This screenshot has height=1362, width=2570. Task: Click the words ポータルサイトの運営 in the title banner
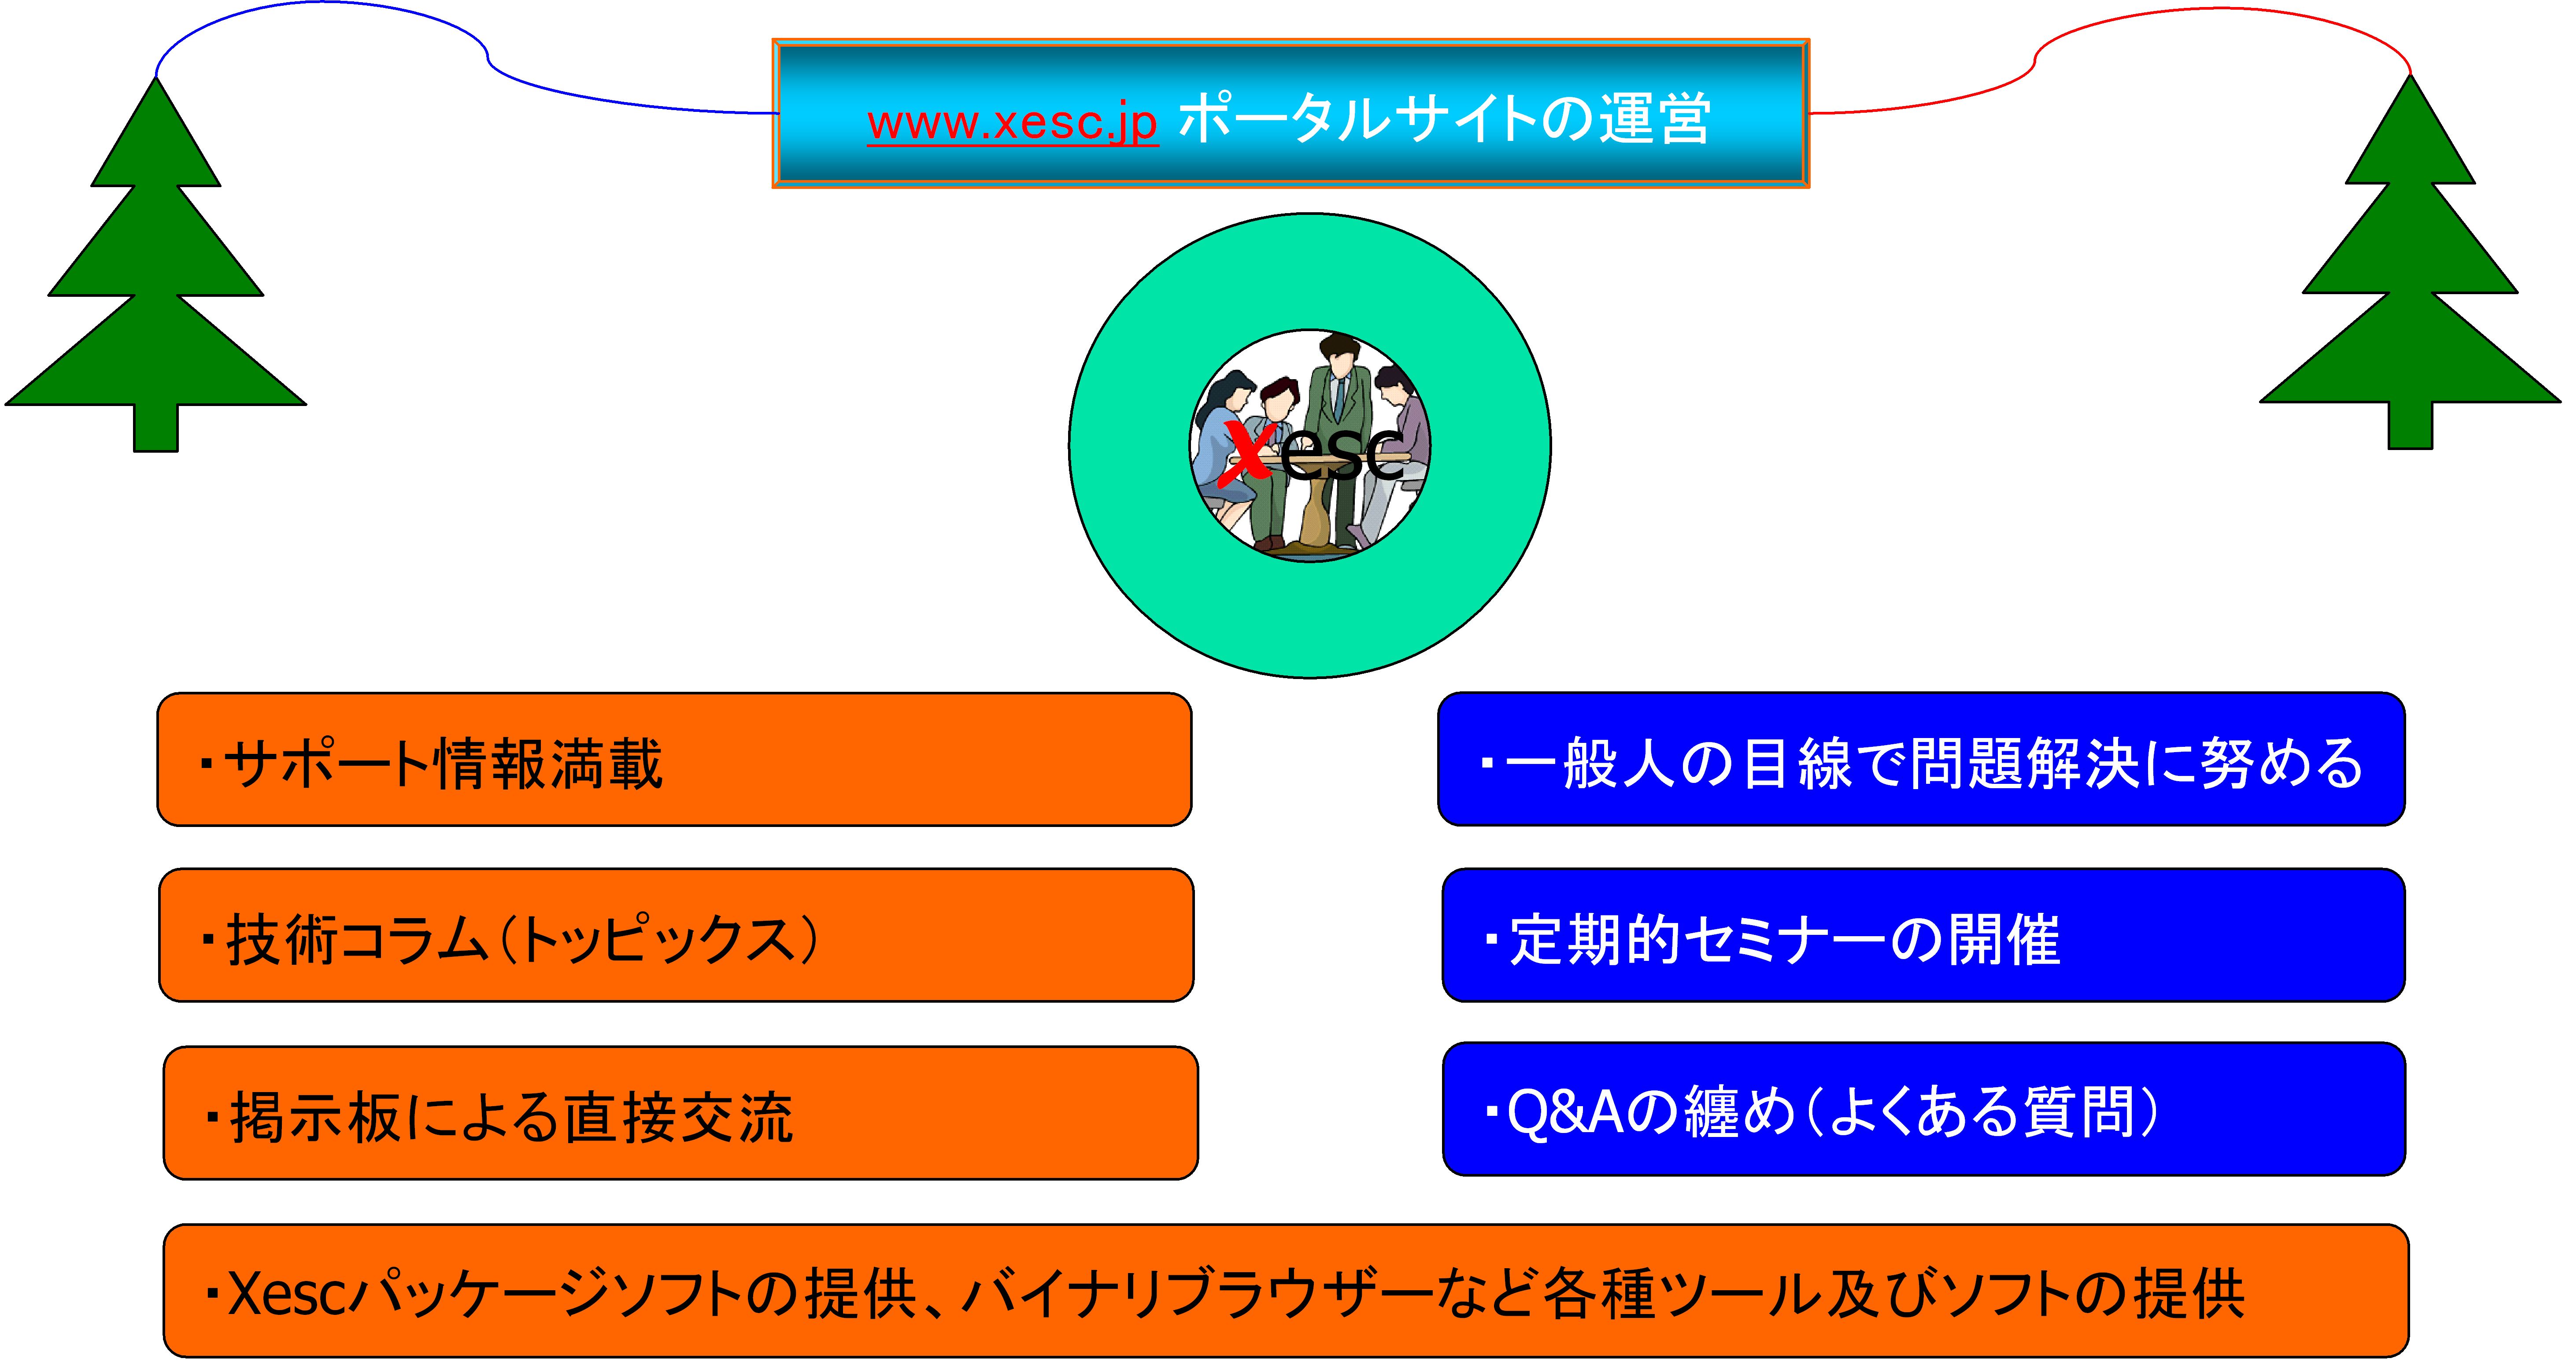tap(1445, 120)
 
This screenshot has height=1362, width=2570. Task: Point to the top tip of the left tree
tap(157, 82)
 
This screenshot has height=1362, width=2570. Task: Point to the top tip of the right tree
tap(2411, 80)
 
